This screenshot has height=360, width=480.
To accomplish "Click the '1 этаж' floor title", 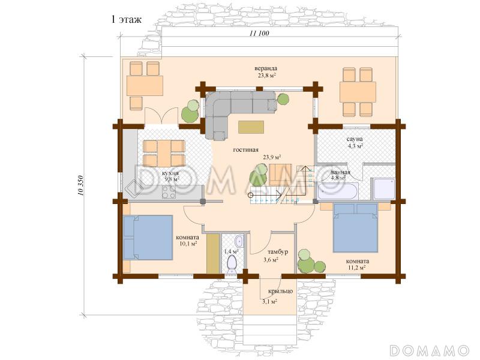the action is coord(126,20).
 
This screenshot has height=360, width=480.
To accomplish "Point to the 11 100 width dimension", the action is coord(259,34).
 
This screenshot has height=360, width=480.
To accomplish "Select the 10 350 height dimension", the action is coord(80,185).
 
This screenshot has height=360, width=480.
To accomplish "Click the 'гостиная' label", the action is coord(246,150).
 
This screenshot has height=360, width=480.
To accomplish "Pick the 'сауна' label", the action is coord(355,139).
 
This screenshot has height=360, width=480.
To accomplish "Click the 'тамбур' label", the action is coord(278,252).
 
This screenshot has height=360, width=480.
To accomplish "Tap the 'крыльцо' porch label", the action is coord(281,291).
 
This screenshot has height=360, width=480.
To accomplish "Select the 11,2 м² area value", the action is coord(357,268).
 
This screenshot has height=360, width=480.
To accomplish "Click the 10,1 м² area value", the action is coord(188,244).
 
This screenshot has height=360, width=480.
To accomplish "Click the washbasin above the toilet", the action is coord(239,242).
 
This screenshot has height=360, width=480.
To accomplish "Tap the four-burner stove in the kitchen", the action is coord(169,192).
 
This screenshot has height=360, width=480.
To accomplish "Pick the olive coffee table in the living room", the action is coord(251,127).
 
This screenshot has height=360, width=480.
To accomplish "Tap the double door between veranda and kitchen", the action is coord(161,116).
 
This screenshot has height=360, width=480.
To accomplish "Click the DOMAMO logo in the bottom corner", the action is coord(430,350).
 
